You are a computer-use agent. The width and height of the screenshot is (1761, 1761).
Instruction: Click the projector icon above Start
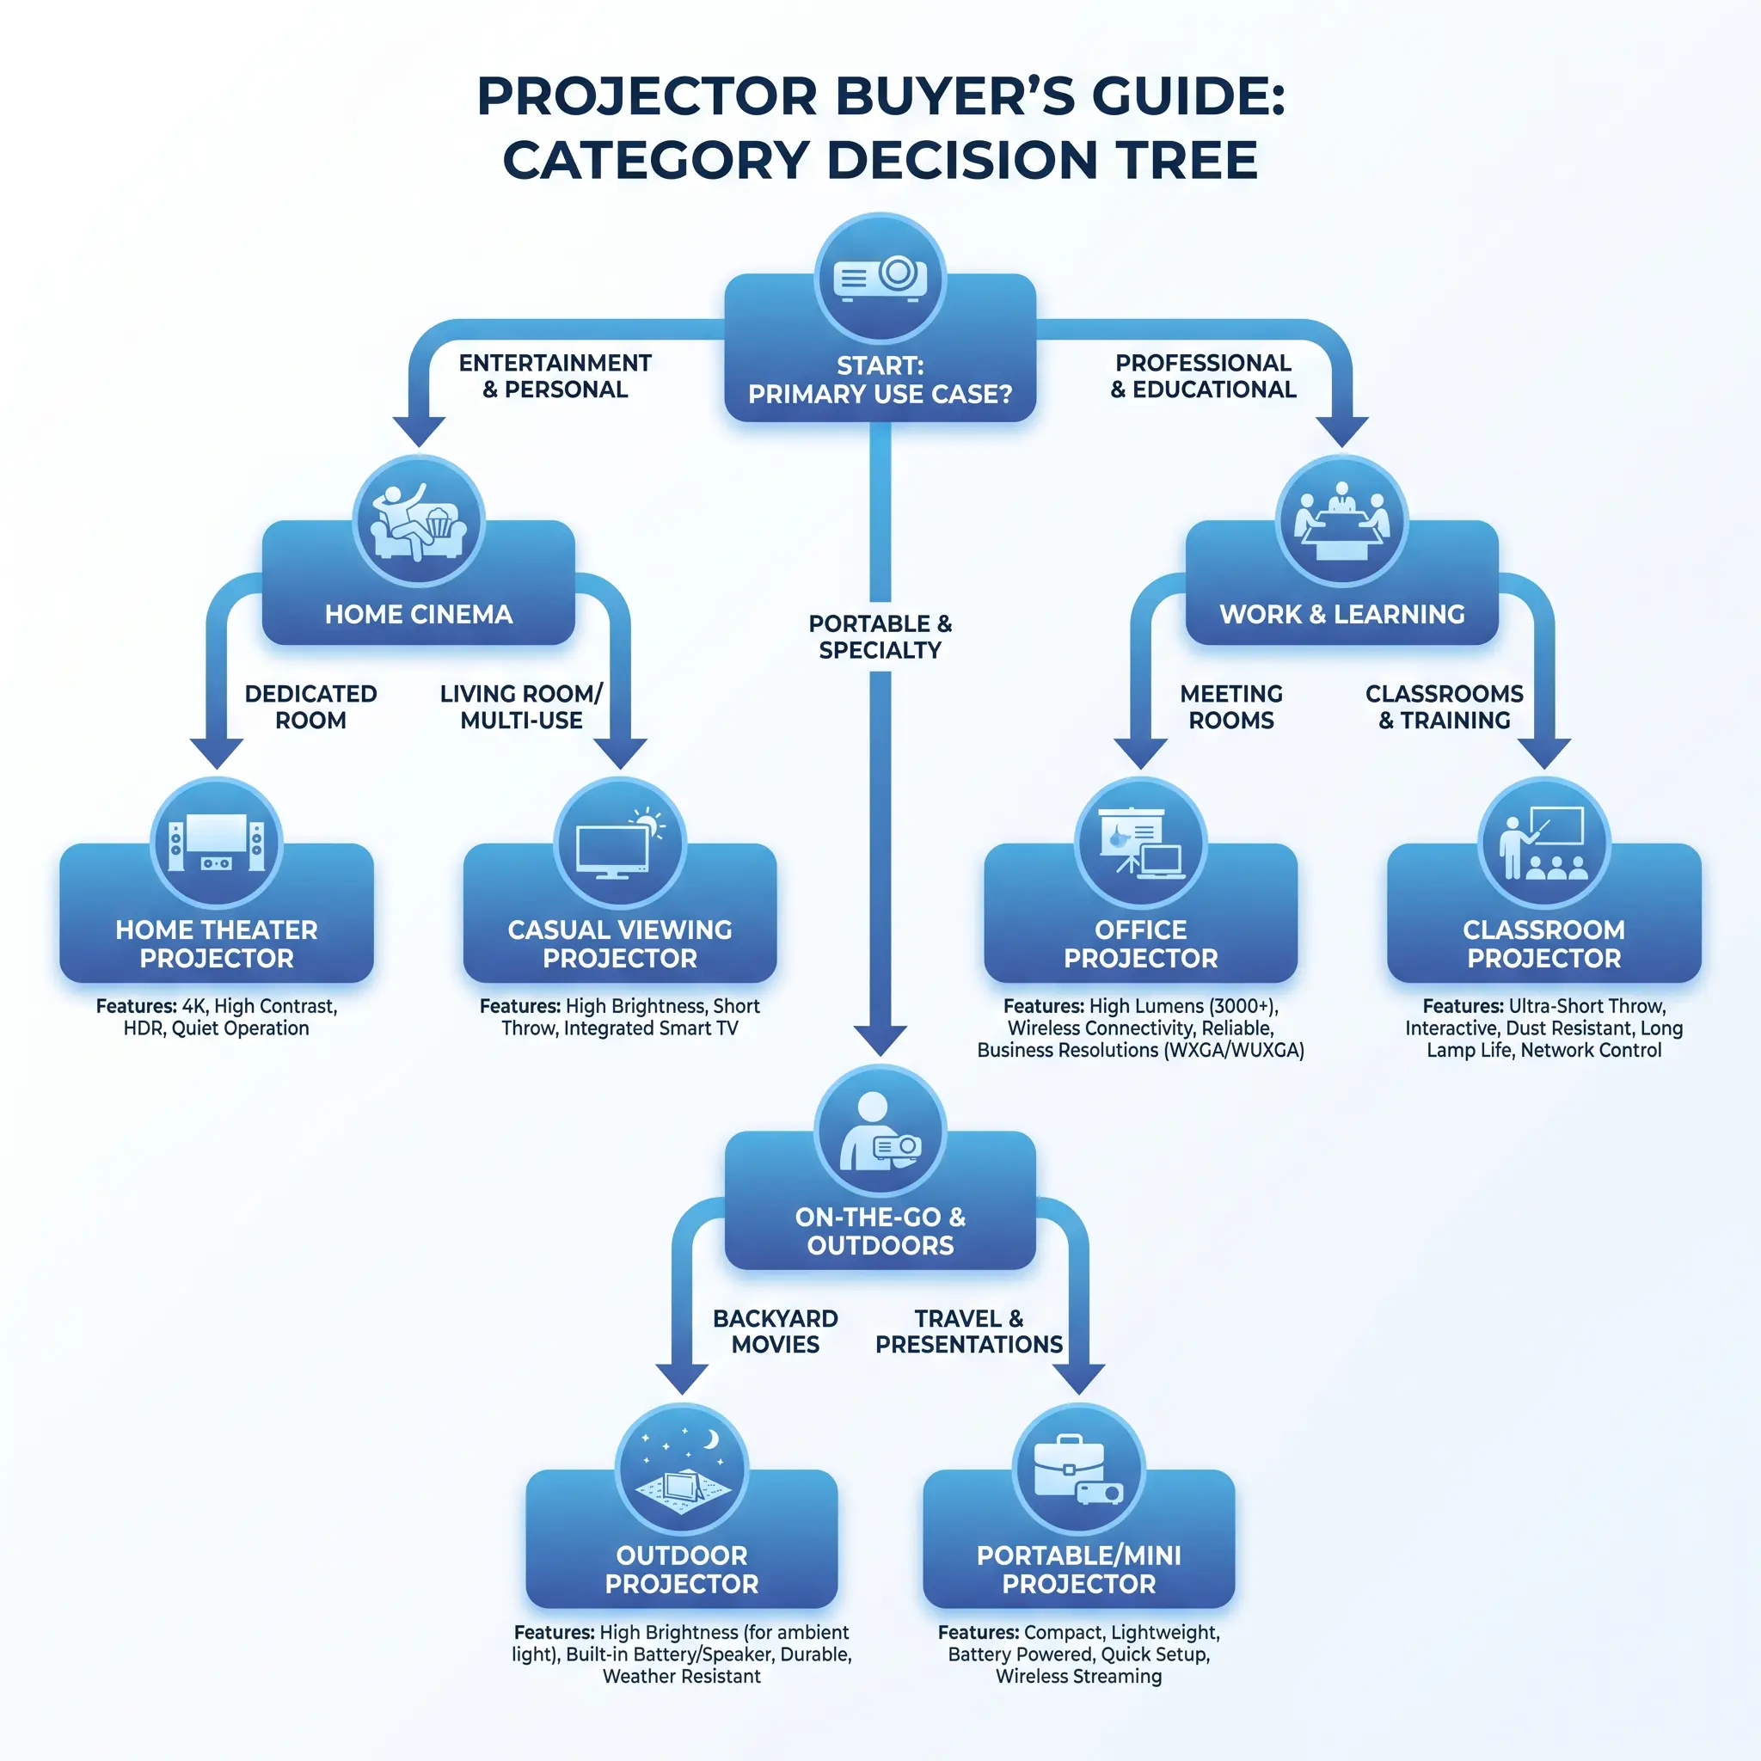pyautogui.click(x=880, y=277)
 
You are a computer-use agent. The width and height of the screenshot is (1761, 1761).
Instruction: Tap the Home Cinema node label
pyautogui.click(x=419, y=614)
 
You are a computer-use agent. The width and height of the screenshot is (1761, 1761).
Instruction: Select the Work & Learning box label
pyautogui.click(x=1341, y=614)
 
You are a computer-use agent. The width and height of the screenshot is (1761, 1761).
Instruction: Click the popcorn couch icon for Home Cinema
pyautogui.click(x=419, y=521)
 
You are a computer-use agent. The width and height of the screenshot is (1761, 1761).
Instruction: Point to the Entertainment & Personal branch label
pyautogui.click(x=555, y=377)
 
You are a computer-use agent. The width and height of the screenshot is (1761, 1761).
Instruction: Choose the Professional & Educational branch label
pyautogui.click(x=1203, y=377)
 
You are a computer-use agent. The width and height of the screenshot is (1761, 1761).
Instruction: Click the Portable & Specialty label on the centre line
pyautogui.click(x=880, y=637)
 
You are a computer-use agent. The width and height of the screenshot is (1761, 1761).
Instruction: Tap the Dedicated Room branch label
pyautogui.click(x=310, y=708)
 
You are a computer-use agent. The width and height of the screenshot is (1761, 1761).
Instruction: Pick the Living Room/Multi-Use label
pyautogui.click(x=521, y=708)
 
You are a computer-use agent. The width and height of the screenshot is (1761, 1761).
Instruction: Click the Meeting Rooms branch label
pyautogui.click(x=1231, y=708)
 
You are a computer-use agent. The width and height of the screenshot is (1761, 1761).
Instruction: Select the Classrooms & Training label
pyautogui.click(x=1445, y=708)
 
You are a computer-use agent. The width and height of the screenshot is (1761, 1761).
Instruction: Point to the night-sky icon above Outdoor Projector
pyautogui.click(x=682, y=1470)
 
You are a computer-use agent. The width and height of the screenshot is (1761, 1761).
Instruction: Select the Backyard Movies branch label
pyautogui.click(x=776, y=1332)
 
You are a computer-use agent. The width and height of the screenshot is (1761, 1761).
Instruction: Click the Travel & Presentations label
pyautogui.click(x=969, y=1332)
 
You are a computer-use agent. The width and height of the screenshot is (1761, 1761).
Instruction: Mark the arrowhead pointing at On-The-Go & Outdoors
pyautogui.click(x=880, y=1040)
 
